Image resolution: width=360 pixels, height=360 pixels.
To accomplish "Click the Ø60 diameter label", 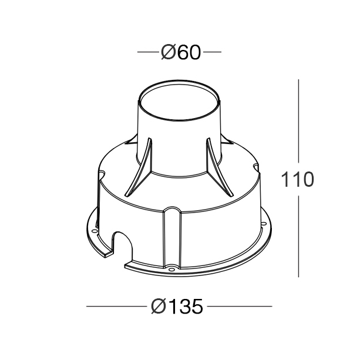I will [180, 53].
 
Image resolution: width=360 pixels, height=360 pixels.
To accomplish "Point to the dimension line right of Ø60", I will [212, 53].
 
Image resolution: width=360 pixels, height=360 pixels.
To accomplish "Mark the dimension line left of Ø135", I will [115, 306].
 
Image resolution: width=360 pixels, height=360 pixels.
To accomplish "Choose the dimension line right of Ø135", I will [240, 306].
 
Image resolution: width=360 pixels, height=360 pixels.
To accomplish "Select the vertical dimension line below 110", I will [300, 235].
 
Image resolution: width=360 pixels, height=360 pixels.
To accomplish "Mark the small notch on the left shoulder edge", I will [102, 174].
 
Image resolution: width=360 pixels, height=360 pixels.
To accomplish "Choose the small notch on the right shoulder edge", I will [257, 168].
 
